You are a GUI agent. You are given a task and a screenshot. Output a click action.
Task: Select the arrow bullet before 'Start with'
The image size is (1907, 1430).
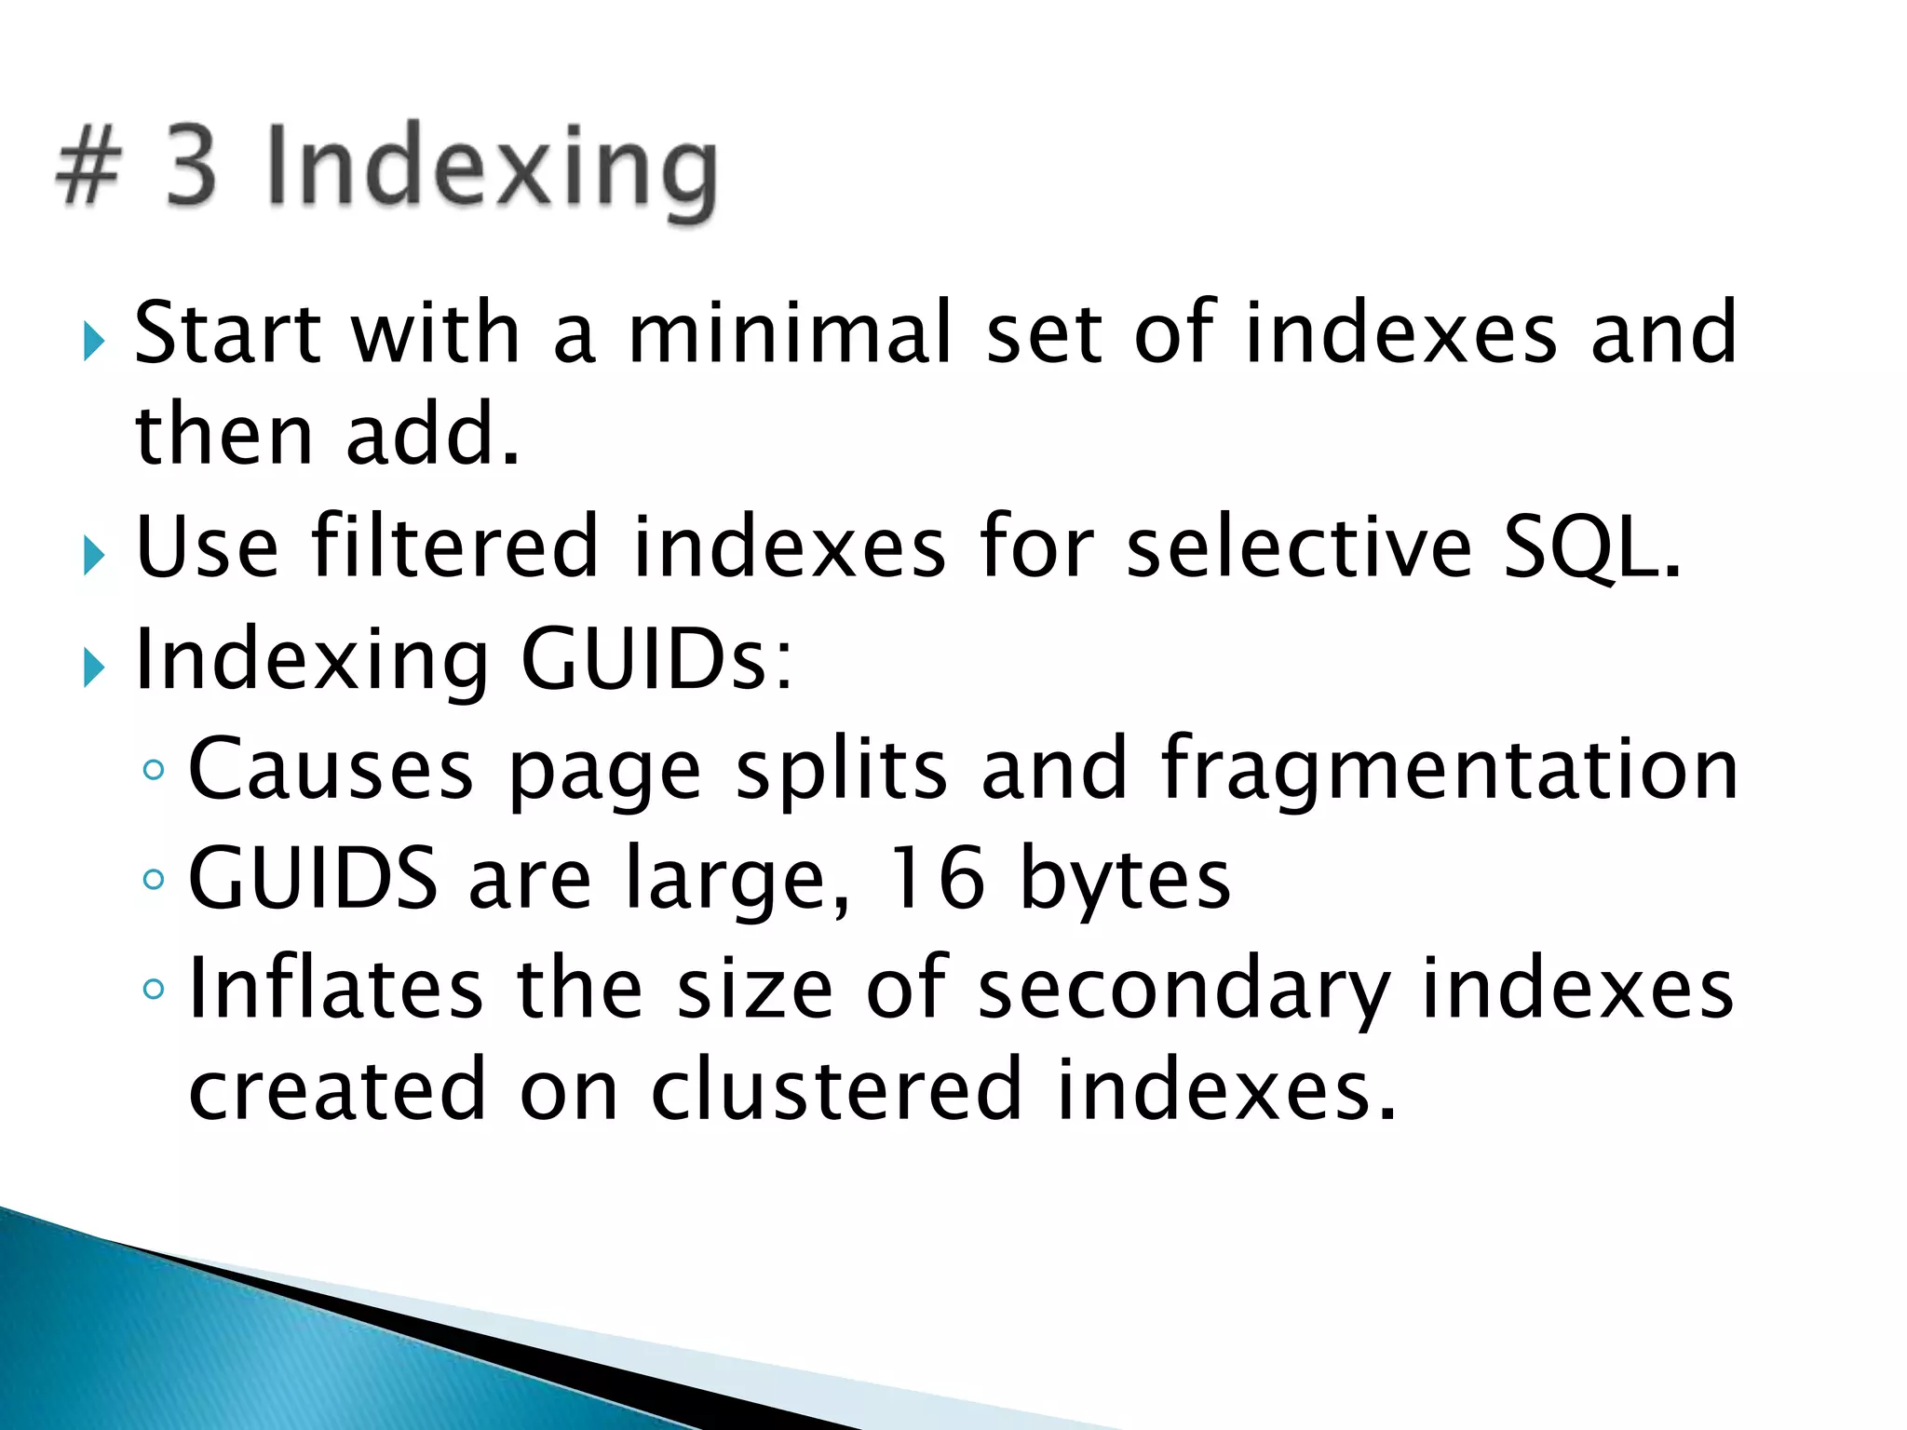point(93,341)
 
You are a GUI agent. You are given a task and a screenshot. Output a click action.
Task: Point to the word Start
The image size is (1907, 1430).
point(228,332)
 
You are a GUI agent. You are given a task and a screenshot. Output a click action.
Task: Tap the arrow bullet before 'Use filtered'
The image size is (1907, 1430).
point(93,556)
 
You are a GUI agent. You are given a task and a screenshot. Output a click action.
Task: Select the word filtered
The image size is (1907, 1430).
point(454,546)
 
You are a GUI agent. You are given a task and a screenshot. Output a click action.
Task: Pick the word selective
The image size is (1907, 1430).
point(1299,546)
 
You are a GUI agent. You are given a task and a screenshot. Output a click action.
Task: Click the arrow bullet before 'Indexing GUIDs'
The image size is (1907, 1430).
point(93,668)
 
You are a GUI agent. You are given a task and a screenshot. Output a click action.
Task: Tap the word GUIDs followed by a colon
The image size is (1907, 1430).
point(656,659)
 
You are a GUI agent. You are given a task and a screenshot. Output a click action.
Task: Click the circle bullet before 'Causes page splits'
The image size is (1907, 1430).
point(154,770)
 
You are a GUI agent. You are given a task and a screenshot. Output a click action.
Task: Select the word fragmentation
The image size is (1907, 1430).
point(1449,770)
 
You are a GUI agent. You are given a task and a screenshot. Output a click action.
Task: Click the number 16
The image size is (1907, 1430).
point(936,878)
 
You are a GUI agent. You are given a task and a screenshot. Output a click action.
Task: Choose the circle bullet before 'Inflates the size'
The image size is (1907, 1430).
point(154,989)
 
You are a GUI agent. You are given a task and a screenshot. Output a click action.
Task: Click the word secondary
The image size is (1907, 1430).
point(1183,990)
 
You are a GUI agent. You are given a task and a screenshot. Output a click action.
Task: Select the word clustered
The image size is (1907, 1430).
point(836,1089)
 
